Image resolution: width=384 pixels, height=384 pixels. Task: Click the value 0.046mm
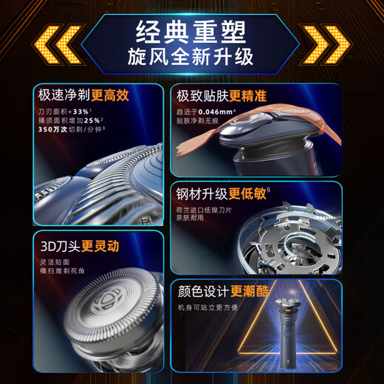pos(222,109)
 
